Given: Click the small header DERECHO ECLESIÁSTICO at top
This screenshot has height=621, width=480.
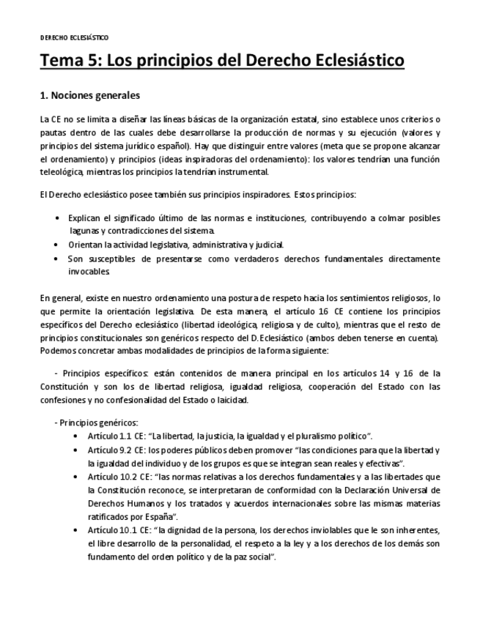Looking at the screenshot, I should point(74,37).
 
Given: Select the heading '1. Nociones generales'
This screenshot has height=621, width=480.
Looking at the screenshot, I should point(89,96).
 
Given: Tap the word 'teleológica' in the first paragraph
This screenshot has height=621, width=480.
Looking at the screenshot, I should point(67,172).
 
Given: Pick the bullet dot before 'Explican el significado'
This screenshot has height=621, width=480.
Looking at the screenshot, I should point(58,218).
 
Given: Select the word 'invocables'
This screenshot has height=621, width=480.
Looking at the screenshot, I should point(89,271).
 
